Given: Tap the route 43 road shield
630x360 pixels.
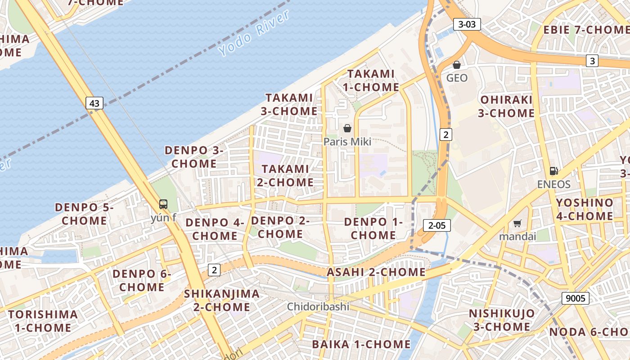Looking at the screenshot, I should point(94,103).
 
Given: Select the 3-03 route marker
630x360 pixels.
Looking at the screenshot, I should point(467,24).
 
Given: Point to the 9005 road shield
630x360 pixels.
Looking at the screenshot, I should point(576,298).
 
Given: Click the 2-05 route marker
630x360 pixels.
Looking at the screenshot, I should point(436,225).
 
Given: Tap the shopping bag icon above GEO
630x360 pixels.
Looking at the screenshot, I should point(457,65).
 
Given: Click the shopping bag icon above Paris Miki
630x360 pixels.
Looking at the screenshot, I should point(347,129).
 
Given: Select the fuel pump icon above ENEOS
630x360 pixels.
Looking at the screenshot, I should point(553,171).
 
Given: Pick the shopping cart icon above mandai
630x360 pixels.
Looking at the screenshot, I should point(517,223).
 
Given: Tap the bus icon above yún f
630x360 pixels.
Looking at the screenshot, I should point(163,204).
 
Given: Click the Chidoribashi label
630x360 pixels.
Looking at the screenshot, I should point(318,307).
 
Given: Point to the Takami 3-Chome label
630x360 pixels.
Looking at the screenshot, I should point(289,104).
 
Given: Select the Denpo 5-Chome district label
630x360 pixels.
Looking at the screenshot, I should point(84,214).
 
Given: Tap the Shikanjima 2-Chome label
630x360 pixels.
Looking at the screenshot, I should point(222,301).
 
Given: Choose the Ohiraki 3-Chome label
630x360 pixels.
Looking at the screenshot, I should point(506,106).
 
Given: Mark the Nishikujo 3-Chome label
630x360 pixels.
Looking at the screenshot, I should point(502,320).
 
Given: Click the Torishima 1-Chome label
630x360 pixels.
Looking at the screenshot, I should point(43,321).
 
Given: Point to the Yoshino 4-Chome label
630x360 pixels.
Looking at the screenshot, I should point(584,209).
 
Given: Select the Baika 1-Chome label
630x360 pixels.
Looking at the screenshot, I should point(361,345).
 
